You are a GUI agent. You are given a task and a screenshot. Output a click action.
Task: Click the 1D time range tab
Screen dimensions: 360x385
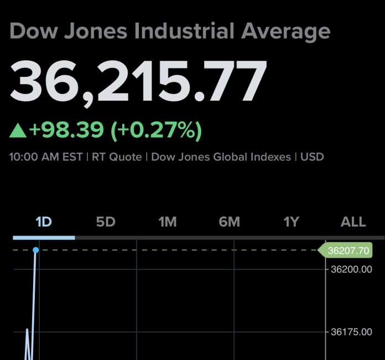[x=43, y=222]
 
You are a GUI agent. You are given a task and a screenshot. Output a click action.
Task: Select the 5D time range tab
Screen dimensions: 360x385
[x=105, y=222]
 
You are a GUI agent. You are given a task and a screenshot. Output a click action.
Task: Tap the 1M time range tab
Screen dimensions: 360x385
[x=167, y=222]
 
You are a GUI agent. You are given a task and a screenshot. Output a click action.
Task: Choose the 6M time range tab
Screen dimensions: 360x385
[x=229, y=222]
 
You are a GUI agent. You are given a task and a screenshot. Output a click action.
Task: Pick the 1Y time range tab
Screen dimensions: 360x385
[x=291, y=222]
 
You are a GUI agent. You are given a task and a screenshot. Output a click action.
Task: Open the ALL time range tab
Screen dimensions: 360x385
[x=353, y=222]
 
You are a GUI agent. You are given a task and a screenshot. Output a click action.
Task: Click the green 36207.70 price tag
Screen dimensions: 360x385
[x=347, y=251]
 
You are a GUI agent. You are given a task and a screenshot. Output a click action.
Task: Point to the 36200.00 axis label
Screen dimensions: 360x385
[x=351, y=269]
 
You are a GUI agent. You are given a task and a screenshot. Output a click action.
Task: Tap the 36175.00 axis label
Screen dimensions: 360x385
[x=351, y=332]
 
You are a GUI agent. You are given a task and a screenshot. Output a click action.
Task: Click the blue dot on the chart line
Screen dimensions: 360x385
[x=36, y=251]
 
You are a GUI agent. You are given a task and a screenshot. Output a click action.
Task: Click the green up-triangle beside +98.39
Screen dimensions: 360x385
[x=18, y=131]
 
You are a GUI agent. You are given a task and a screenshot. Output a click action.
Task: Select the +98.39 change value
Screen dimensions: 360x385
[x=66, y=130]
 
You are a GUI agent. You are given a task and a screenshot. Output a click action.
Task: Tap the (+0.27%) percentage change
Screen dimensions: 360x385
[x=157, y=130]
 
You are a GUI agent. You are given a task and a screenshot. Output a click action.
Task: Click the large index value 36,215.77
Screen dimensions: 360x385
[x=138, y=81]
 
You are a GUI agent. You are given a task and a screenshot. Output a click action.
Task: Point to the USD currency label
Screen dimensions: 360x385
[x=312, y=157]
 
